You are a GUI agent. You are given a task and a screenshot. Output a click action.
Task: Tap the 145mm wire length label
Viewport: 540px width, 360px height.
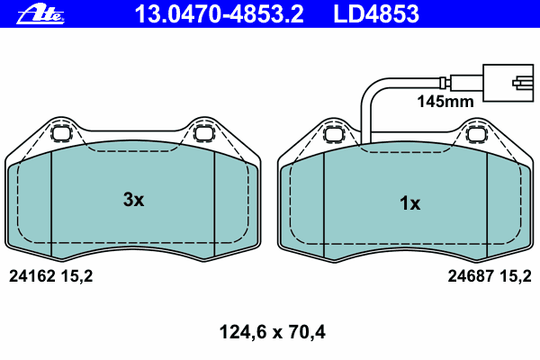[444, 103]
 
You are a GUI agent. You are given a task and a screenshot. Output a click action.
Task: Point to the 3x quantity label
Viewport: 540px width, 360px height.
[133, 200]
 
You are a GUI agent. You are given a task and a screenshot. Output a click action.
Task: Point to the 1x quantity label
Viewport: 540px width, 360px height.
[409, 203]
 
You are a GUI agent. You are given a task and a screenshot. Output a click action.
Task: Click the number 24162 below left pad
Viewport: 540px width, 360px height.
[31, 277]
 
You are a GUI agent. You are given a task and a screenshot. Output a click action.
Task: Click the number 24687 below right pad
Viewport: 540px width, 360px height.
[470, 277]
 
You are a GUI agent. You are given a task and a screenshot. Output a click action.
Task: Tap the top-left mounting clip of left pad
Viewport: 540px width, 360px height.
[61, 135]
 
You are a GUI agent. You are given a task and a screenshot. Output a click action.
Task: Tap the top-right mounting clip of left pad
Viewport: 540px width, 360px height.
[204, 135]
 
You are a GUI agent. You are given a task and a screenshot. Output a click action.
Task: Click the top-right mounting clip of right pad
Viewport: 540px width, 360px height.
[477, 135]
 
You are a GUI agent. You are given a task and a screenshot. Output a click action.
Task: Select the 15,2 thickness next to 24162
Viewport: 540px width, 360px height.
[76, 277]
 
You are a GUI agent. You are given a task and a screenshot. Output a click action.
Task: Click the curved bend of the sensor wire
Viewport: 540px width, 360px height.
[368, 88]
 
